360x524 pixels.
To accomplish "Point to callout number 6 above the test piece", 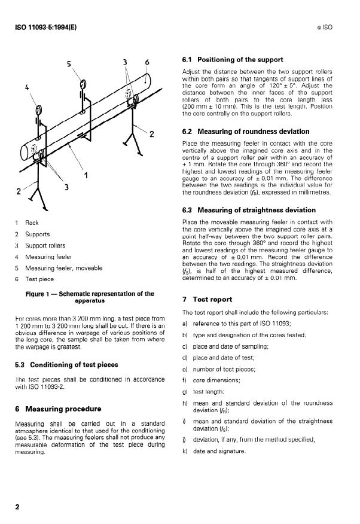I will [x=147, y=62].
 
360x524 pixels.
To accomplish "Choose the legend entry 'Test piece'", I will [x=39, y=279].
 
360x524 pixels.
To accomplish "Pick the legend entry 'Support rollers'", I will [x=45, y=245].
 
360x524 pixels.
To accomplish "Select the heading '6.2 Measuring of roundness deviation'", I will [x=245, y=131].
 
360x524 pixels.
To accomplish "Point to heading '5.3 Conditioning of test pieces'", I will [x=66, y=364].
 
